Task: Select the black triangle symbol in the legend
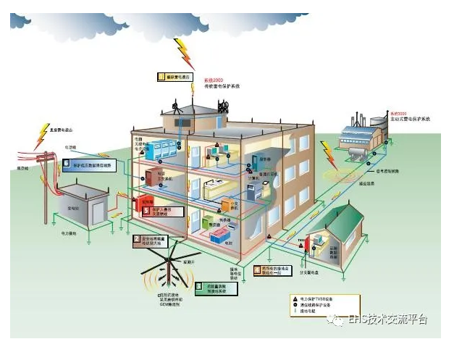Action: coord(295,298)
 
